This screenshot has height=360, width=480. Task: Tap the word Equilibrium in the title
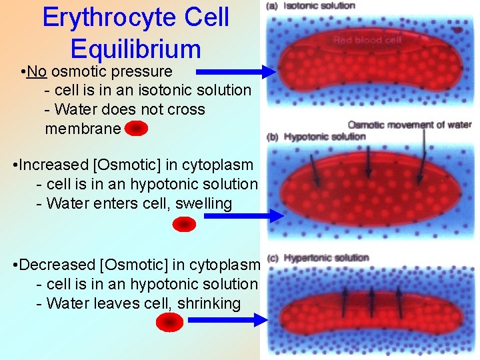point(135,49)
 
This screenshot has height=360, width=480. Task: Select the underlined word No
point(37,71)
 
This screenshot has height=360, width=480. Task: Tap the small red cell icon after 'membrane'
point(135,129)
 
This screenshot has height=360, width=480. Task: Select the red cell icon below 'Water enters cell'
point(184,225)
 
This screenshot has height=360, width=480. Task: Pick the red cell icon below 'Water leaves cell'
point(169,322)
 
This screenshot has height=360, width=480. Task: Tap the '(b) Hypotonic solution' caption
point(316,137)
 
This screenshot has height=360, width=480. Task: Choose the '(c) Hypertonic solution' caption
point(317,258)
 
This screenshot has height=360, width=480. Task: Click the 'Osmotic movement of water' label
point(409,125)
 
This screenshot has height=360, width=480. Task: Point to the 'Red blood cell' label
point(367,40)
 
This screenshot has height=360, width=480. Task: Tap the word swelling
point(203,203)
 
